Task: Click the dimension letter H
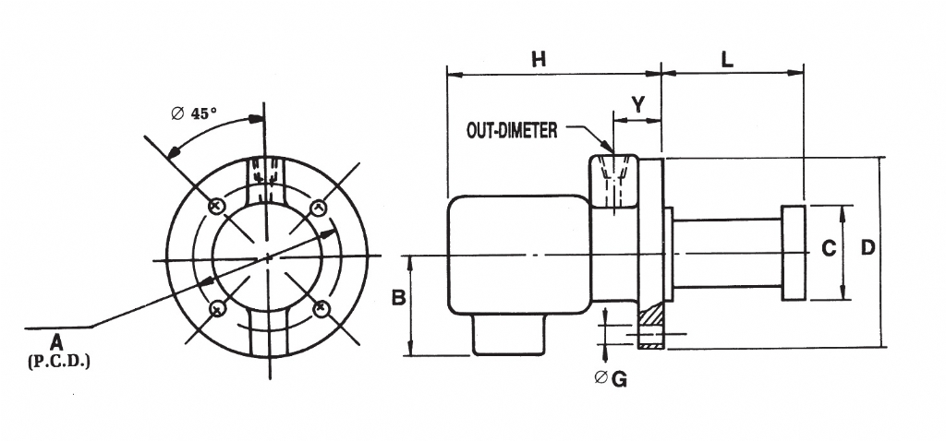coord(539,59)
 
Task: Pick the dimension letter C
coord(829,248)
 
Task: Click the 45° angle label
coord(203,113)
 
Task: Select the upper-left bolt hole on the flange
coord(216,205)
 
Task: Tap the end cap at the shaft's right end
coord(794,253)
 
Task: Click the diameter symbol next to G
coord(601,377)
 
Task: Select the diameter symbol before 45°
coord(178,113)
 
